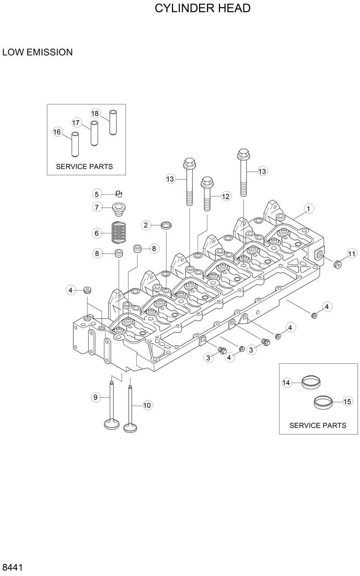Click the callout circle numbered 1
click(x=308, y=208)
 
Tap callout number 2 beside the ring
click(x=146, y=225)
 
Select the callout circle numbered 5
click(x=96, y=194)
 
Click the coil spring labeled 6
click(x=119, y=232)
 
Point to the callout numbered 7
click(x=96, y=207)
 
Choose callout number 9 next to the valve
click(x=95, y=397)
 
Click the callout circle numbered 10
click(x=147, y=406)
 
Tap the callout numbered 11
click(x=351, y=254)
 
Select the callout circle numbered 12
click(x=225, y=196)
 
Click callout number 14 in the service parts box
click(x=286, y=383)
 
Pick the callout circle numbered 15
click(x=347, y=402)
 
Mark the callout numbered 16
click(x=57, y=132)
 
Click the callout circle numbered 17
click(x=76, y=122)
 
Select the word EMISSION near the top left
click(x=50, y=52)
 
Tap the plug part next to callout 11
click(x=337, y=263)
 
